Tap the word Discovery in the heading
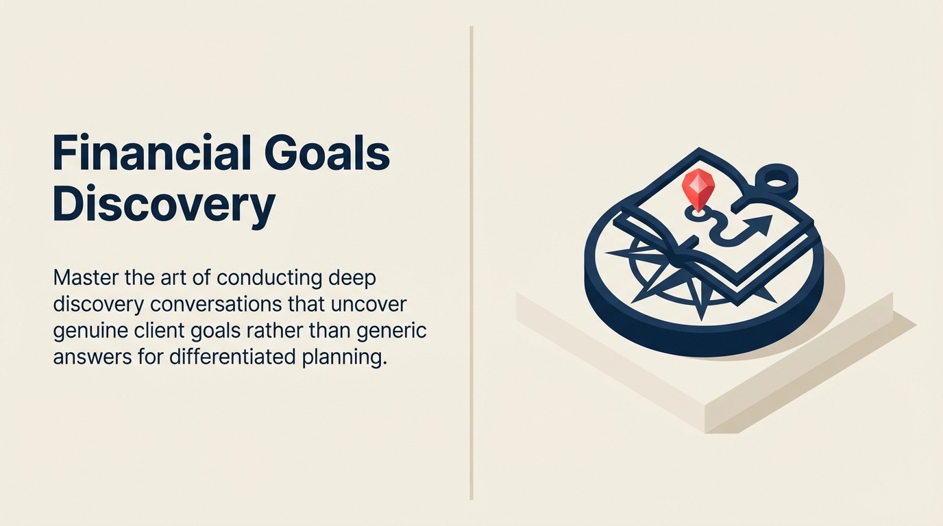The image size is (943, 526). click(x=164, y=204)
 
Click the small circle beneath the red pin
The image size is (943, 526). click(x=697, y=214)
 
